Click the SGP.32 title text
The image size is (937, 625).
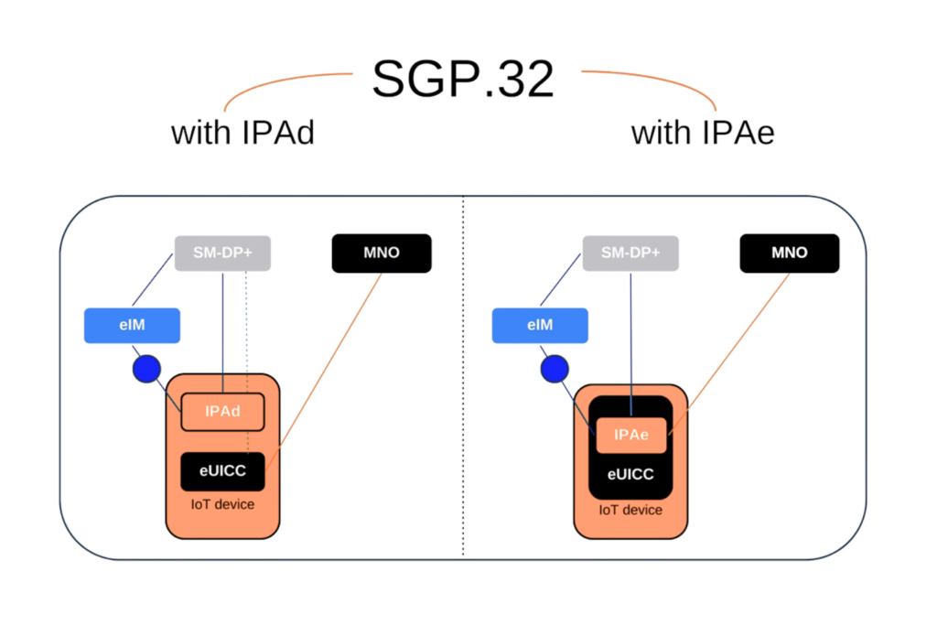click(463, 79)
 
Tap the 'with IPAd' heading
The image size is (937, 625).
click(243, 134)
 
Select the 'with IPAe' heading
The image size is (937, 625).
click(703, 134)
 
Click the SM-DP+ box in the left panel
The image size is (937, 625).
click(223, 253)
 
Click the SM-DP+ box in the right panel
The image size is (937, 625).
click(631, 253)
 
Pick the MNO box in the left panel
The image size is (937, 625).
click(381, 253)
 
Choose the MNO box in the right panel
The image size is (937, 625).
click(789, 253)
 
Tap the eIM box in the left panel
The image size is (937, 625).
click(132, 326)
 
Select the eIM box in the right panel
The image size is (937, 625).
click(540, 326)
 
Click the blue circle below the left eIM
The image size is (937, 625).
click(145, 369)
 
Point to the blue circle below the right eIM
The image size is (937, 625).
click(554, 369)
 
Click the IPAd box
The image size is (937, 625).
click(222, 412)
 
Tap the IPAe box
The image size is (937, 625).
click(631, 436)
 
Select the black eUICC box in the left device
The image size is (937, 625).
click(222, 471)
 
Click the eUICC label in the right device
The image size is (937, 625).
click(631, 475)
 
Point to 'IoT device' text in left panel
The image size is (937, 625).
click(222, 504)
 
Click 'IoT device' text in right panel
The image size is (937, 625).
click(631, 510)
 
